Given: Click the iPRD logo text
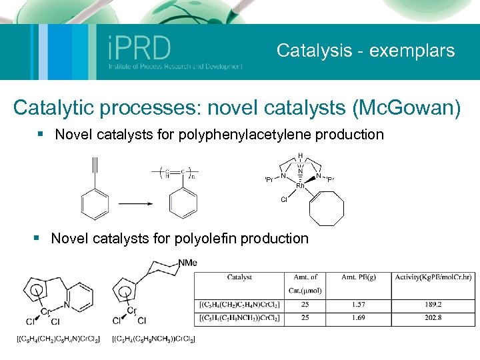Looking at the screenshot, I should tap(139, 49).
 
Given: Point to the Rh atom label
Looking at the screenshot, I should tap(301, 186).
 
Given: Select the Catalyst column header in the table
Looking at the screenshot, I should tap(239, 277).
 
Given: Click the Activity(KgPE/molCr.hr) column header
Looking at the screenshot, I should tap(433, 277).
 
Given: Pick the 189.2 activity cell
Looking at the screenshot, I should tap(433, 305).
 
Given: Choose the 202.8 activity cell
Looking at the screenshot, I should tap(433, 318).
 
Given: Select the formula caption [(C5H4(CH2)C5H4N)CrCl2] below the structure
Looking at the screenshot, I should tap(58, 340).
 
